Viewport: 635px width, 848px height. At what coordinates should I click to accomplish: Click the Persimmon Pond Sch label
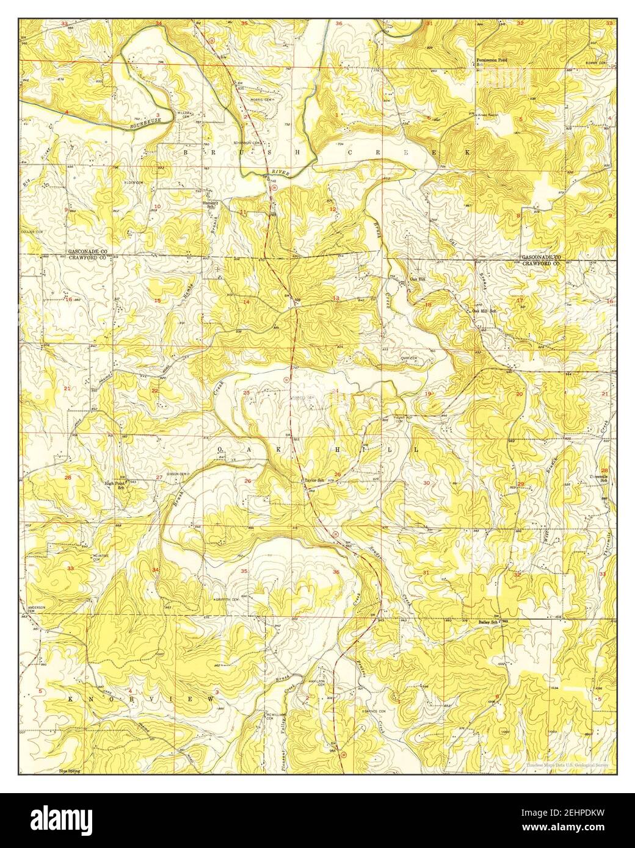point(492,62)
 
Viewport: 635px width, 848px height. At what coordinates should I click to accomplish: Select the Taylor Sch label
point(314,481)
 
